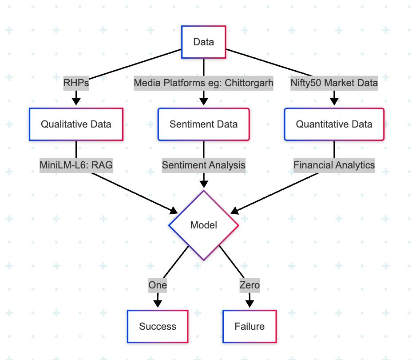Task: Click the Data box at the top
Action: pos(204,42)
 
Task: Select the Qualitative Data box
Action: pos(76,124)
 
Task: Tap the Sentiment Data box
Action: pos(204,124)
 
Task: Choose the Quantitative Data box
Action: pos(334,124)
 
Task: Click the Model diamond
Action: pos(204,225)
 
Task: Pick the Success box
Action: pos(158,327)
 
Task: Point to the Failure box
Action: pos(250,327)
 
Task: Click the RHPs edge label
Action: pos(76,83)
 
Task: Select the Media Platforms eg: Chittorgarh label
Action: pos(204,83)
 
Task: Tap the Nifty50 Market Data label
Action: pos(334,83)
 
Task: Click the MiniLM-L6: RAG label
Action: pos(76,165)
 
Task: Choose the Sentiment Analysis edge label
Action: pos(204,165)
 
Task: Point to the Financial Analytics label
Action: pos(334,165)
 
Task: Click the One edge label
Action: pos(158,285)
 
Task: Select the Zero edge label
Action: pos(250,285)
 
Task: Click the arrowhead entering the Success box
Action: pos(158,304)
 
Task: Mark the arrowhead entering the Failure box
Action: pos(250,304)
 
